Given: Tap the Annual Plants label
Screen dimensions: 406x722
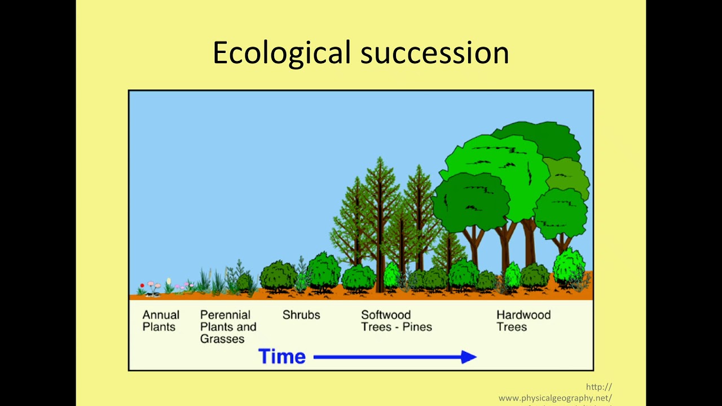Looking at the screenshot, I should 161,321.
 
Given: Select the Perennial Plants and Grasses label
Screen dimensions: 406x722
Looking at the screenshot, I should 228,327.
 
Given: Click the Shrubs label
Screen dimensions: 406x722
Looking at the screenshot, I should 301,315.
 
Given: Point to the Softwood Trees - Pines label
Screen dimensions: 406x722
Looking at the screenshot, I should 396,321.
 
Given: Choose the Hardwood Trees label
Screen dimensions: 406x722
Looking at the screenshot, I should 523,321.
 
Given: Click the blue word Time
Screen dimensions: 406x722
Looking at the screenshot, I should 281,356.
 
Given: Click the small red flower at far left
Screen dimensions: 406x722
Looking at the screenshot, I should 142,286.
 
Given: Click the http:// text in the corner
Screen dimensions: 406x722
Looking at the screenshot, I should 598,387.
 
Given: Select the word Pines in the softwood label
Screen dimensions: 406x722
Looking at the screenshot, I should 417,327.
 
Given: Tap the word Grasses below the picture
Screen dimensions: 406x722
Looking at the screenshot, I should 222,339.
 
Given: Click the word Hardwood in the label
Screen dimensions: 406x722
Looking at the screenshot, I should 523,315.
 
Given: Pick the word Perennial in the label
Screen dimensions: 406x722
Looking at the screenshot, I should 225,315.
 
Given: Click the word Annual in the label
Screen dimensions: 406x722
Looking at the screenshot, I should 161,315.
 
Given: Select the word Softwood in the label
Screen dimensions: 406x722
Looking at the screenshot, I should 386,315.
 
